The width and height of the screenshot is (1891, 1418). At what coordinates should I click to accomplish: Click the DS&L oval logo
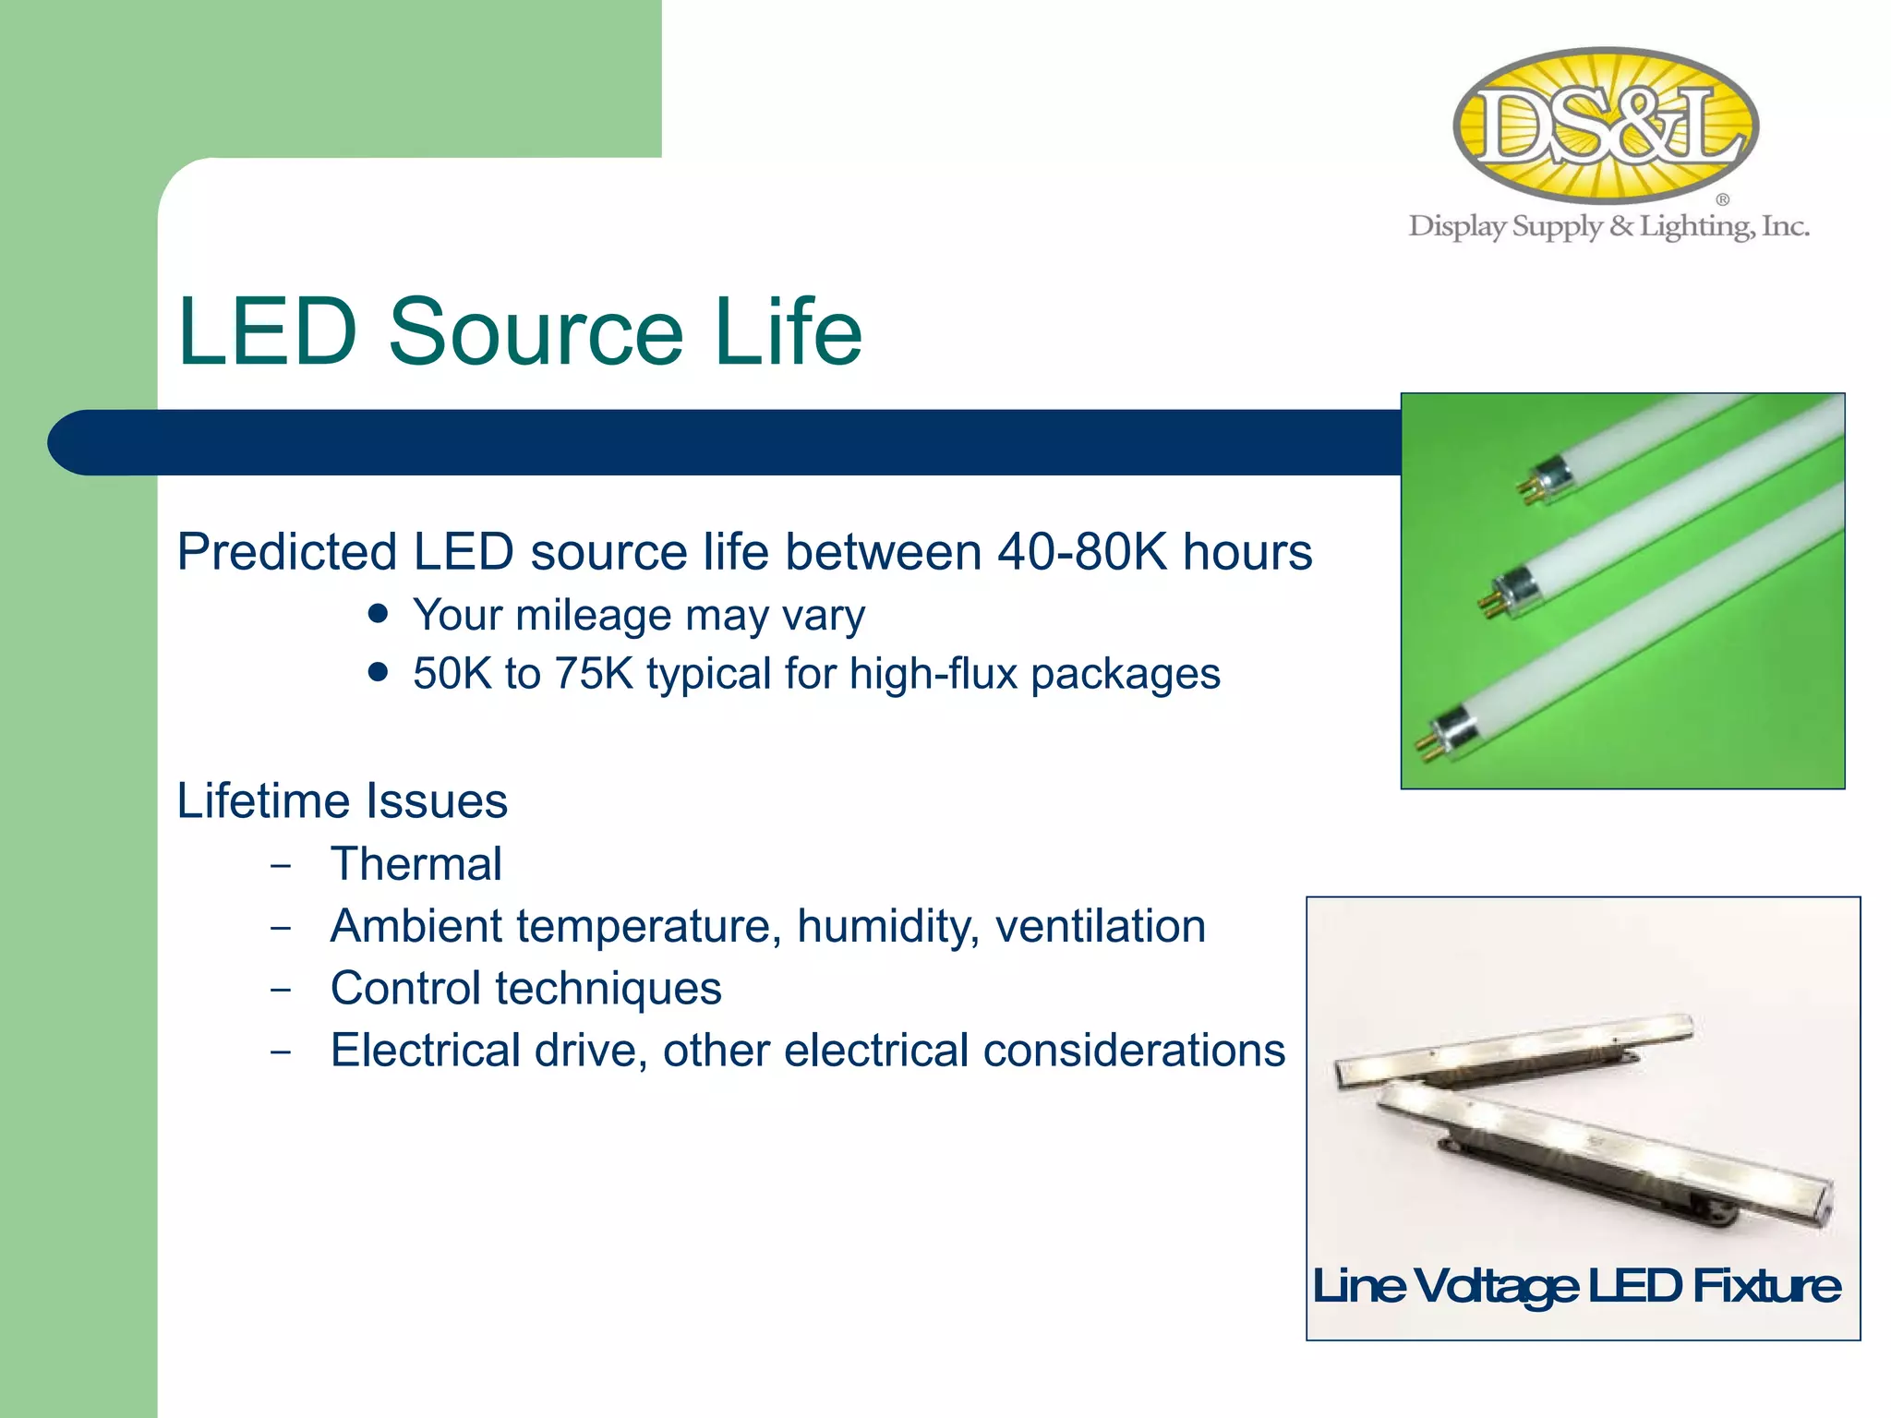(1606, 125)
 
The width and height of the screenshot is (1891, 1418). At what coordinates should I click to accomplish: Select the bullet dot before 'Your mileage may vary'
(378, 614)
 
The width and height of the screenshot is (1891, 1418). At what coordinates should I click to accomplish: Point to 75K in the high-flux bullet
(593, 673)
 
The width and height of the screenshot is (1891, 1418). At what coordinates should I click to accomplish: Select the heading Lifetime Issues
(342, 800)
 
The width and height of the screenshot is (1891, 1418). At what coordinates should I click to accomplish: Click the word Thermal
(416, 864)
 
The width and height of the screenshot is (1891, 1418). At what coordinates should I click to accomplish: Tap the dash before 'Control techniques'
(282, 990)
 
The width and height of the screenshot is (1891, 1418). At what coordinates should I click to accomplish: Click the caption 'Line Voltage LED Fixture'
(1576, 1286)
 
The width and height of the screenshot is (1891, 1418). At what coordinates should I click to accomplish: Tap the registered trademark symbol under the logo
(1722, 199)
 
